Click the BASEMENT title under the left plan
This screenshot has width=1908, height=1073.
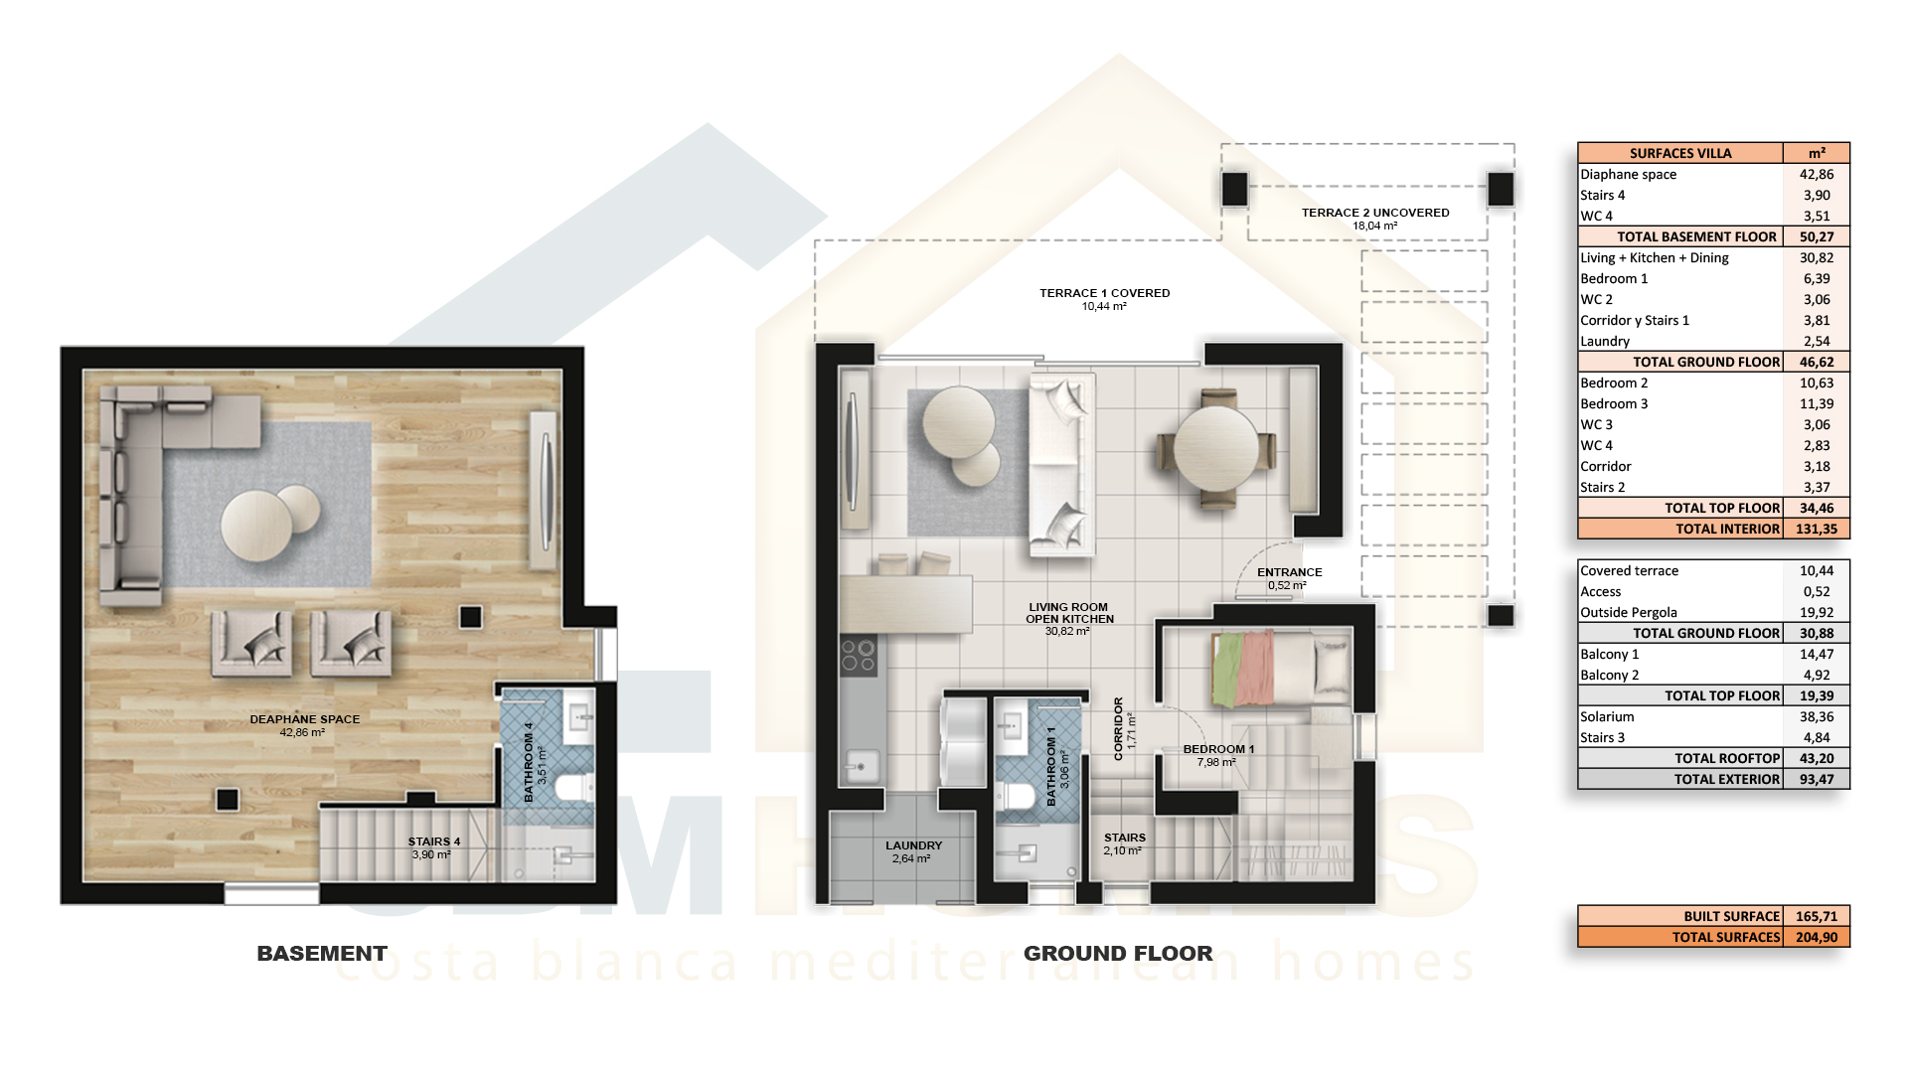click(x=322, y=954)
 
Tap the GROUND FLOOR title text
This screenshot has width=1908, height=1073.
click(x=1118, y=954)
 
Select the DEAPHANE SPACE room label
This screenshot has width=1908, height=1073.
click(x=305, y=719)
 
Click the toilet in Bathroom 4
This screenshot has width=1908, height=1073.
click(x=573, y=789)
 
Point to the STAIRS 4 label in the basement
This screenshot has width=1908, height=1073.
click(x=434, y=842)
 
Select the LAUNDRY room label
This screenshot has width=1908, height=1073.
click(x=914, y=845)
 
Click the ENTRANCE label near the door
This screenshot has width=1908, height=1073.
click(x=1290, y=572)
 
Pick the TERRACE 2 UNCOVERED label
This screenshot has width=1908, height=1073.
click(x=1375, y=213)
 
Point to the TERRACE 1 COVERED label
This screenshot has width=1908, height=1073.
click(x=1105, y=293)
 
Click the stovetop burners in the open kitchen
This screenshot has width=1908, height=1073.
click(x=859, y=657)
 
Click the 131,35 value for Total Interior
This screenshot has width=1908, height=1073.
click(x=1817, y=529)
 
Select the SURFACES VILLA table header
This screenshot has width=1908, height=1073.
click(x=1680, y=153)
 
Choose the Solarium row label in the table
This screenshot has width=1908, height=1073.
click(x=1607, y=716)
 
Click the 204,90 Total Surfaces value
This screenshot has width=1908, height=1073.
click(x=1817, y=937)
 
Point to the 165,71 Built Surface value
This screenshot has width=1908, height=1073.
click(x=1817, y=916)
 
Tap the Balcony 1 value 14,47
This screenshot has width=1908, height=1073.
click(x=1817, y=654)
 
